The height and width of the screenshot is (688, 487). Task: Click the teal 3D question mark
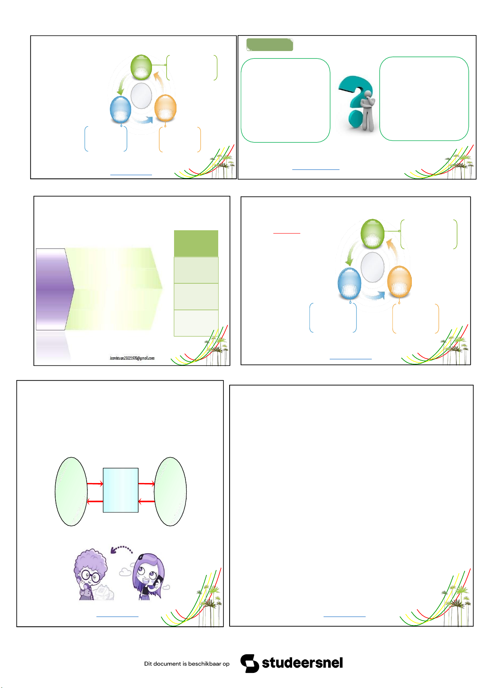353,101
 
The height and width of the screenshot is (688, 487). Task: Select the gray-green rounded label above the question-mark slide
270,45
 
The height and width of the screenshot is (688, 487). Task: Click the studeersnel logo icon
250,664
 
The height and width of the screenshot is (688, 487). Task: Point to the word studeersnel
302,663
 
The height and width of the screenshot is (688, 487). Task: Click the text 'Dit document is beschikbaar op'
187,664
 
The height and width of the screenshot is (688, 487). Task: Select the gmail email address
132,358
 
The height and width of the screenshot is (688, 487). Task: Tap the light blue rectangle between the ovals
121,490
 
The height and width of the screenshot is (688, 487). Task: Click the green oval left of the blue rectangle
71,492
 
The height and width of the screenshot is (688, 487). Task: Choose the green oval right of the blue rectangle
170,492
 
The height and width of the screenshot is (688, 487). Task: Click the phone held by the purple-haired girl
159,580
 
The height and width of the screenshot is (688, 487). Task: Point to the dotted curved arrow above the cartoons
121,549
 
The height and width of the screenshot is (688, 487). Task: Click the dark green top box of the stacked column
196,243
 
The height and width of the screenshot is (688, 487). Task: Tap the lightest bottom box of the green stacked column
196,323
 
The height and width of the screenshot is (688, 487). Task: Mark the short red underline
287,234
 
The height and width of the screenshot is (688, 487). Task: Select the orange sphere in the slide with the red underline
400,282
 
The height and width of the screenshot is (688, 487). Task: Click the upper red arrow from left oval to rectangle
95,484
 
